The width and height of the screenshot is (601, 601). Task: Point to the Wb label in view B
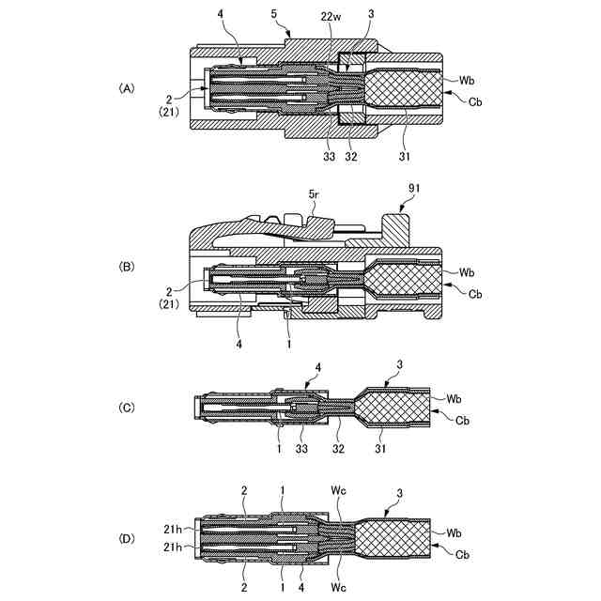(468, 272)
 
